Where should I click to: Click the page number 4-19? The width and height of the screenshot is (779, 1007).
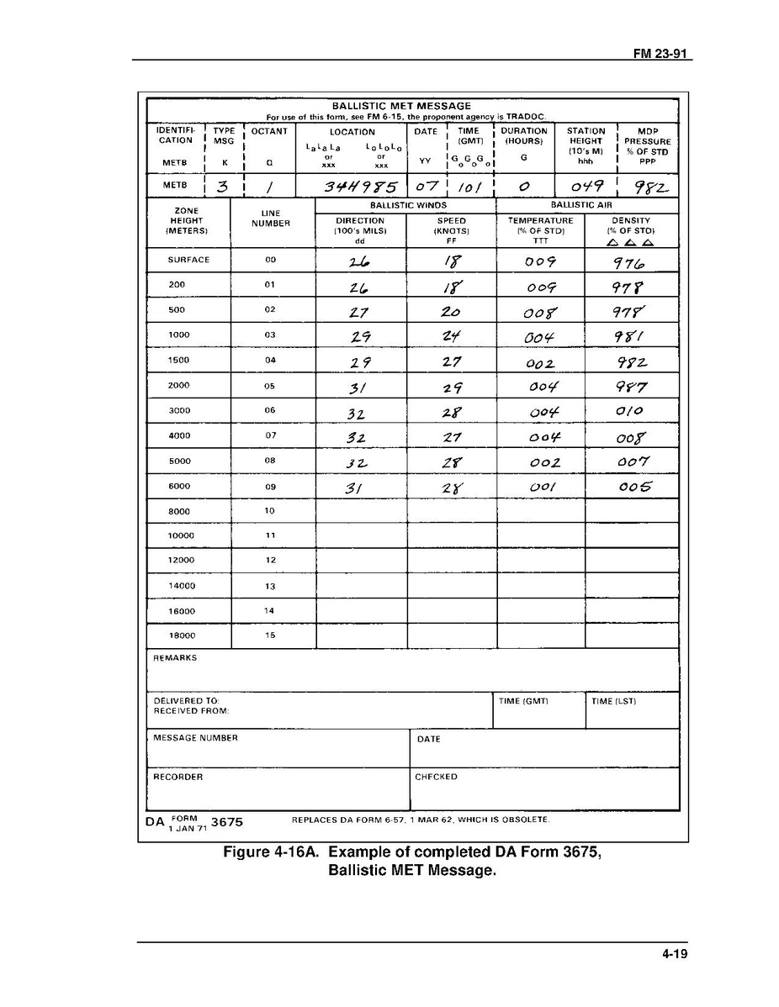click(675, 954)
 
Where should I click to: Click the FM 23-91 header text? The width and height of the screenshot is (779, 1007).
click(661, 53)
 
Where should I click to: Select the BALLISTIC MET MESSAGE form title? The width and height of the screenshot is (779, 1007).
click(401, 106)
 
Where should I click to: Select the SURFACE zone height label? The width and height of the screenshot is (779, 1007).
click(188, 260)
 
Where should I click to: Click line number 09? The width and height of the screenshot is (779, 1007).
click(270, 486)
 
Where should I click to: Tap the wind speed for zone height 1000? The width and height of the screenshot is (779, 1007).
click(451, 335)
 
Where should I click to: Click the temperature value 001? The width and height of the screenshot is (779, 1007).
click(539, 487)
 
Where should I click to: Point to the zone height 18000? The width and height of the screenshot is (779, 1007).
click(181, 636)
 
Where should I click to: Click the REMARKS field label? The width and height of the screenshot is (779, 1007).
click(175, 658)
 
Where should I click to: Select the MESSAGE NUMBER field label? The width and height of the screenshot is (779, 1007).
click(195, 738)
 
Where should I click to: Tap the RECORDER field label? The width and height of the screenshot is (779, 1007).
click(178, 778)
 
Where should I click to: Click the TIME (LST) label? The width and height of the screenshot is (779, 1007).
click(613, 701)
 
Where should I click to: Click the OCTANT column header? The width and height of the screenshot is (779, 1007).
click(269, 131)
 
